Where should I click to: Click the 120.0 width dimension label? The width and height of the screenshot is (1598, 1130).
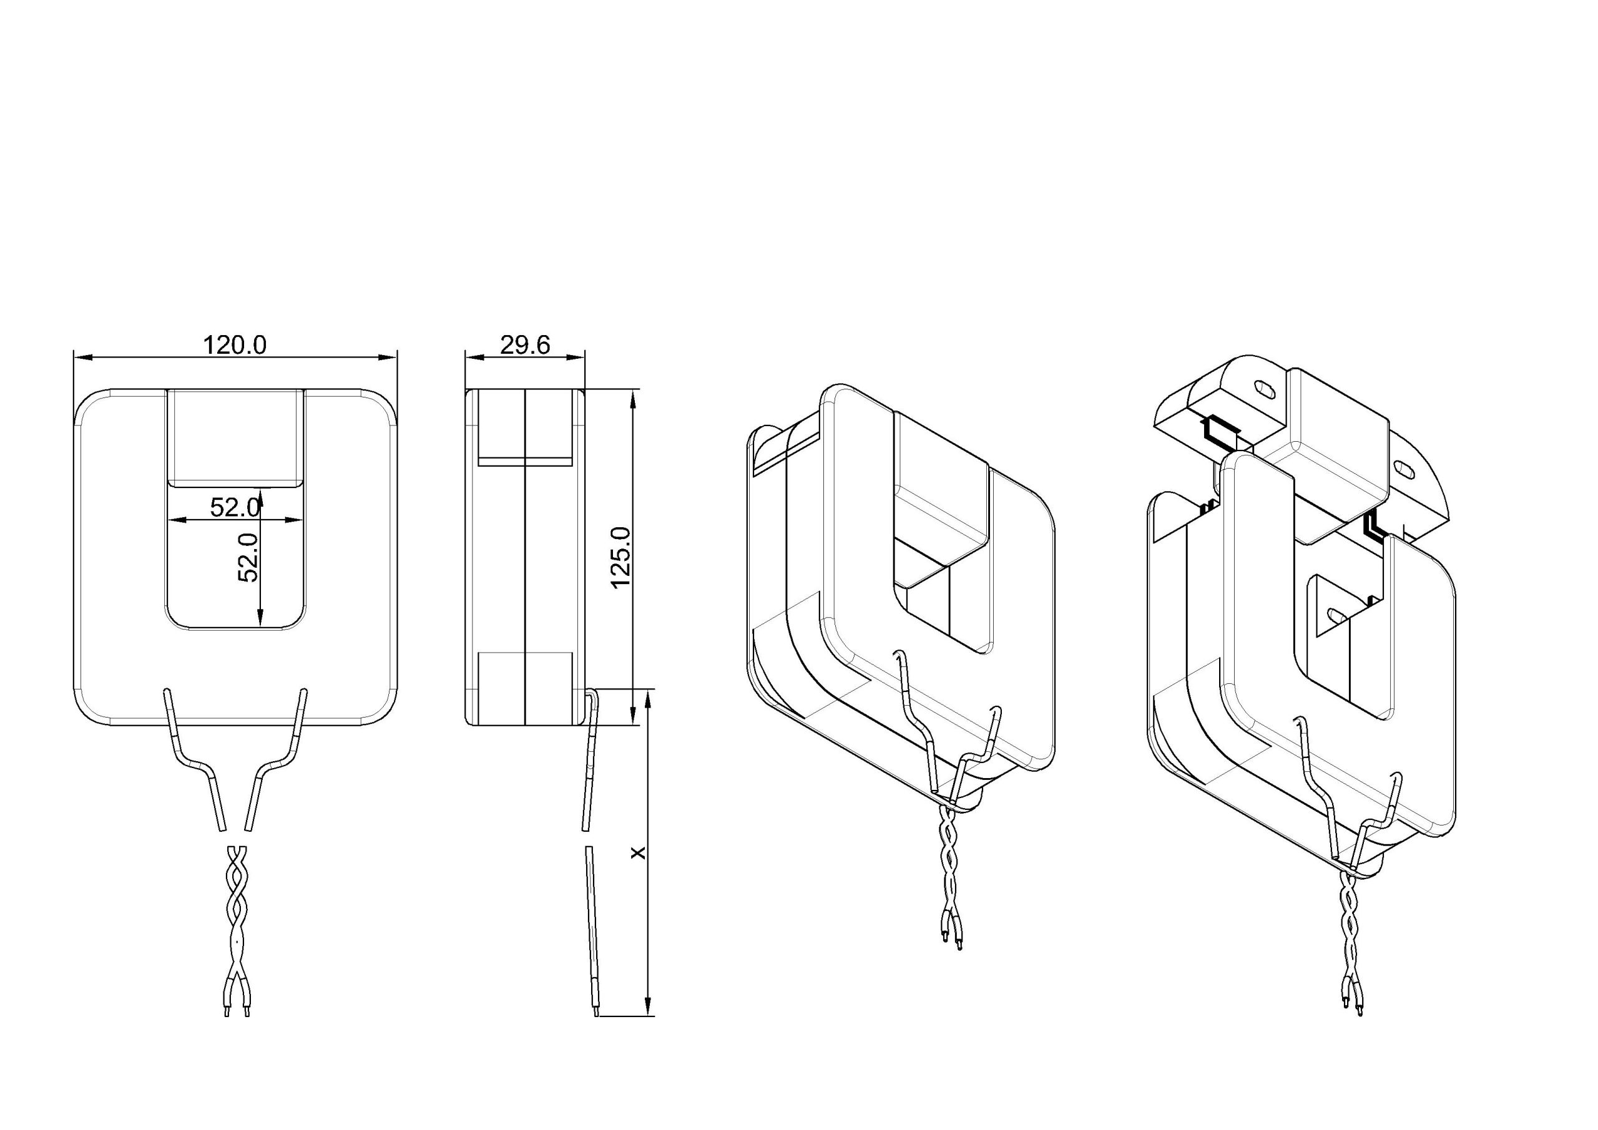click(235, 344)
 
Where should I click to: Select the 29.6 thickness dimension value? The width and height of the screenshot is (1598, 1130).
click(526, 344)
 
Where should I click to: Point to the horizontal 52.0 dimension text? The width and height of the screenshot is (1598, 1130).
click(235, 508)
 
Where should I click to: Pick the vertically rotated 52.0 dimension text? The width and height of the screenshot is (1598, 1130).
click(248, 557)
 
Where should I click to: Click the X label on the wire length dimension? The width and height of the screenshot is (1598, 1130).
click(637, 852)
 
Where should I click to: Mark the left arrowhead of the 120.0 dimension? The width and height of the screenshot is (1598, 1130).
click(83, 357)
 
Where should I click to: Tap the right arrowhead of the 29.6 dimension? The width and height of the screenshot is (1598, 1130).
click(576, 357)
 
